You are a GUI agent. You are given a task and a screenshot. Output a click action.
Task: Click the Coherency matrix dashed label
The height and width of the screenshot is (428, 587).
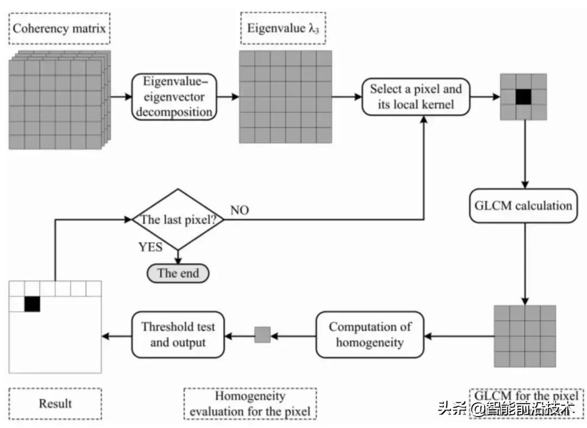(x=60, y=29)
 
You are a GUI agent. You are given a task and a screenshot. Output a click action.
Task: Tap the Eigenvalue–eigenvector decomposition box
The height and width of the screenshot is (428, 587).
(x=173, y=97)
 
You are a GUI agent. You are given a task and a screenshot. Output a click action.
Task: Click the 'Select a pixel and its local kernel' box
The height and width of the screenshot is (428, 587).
(x=416, y=97)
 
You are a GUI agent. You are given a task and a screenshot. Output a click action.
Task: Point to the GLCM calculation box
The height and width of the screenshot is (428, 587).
(x=523, y=206)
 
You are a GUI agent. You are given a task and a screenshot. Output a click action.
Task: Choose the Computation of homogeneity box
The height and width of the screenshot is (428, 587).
(x=370, y=334)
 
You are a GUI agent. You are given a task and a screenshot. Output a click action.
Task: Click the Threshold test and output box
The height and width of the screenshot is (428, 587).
(x=178, y=334)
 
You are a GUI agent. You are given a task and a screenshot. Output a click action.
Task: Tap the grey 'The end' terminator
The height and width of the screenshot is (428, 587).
(x=178, y=273)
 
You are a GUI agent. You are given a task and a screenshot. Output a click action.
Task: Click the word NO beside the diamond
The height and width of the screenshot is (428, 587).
(x=240, y=210)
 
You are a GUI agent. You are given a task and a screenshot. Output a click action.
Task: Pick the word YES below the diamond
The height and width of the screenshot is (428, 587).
(x=151, y=247)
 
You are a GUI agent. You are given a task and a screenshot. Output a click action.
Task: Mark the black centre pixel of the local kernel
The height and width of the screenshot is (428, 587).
(x=523, y=97)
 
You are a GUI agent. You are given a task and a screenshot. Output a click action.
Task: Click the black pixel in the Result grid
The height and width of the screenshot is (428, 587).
(x=32, y=303)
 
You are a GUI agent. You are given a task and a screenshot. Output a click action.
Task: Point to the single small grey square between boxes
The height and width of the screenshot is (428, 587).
(x=263, y=334)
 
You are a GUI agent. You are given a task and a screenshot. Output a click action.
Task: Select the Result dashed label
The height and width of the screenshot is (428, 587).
(x=55, y=404)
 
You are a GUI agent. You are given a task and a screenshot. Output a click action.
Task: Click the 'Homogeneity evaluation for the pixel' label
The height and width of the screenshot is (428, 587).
(x=250, y=404)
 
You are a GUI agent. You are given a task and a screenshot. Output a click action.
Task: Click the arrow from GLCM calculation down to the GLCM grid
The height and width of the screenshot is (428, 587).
(x=524, y=264)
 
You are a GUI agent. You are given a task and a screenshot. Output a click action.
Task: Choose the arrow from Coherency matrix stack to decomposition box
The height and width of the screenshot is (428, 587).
(x=121, y=97)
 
